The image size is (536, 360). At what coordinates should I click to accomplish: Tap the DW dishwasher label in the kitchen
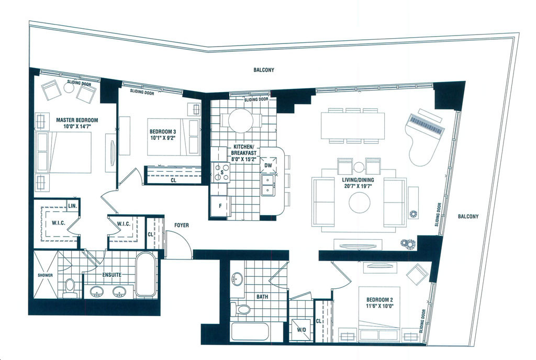coord(269,166)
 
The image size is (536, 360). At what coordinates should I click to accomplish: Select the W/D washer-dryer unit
coord(301,330)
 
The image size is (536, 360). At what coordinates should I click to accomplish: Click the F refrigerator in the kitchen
coord(220,206)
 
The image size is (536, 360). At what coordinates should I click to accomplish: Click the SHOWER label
coord(46,275)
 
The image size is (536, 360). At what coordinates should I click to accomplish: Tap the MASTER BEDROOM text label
coord(77,120)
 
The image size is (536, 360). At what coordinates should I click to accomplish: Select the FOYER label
coord(182,225)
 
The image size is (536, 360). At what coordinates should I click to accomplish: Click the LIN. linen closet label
coord(72,206)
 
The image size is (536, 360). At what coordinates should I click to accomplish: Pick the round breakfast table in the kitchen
coord(241,121)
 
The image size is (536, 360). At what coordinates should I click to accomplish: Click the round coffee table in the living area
coord(359,203)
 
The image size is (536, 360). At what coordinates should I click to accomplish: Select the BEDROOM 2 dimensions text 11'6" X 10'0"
coord(379,306)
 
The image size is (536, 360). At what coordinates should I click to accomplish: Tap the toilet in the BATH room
coord(241,309)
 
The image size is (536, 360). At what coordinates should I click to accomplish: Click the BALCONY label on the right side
coord(468,216)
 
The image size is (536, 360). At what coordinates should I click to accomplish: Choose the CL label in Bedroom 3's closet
coord(173,180)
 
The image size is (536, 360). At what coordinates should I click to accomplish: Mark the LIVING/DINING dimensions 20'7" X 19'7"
coord(358,186)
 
